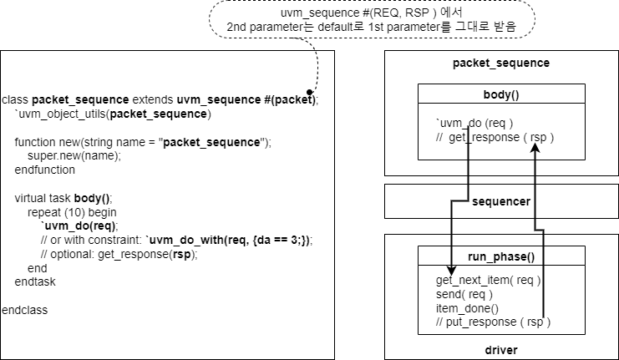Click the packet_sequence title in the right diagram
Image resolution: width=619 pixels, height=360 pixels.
tap(500, 63)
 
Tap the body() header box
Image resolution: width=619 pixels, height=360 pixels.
tap(500, 95)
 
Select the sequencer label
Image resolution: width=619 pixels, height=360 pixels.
tap(500, 201)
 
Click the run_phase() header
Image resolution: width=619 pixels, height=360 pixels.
tap(501, 256)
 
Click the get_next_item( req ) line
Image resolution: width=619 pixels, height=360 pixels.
tap(488, 280)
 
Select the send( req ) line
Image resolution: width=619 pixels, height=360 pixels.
tap(464, 294)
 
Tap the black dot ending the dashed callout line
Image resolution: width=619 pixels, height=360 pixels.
tap(309, 91)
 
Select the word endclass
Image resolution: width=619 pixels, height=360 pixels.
tap(25, 310)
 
